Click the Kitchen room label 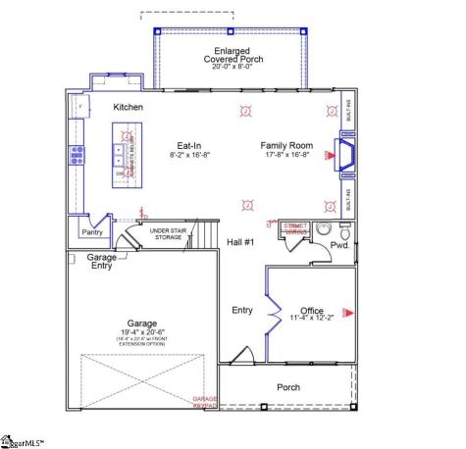[129, 107]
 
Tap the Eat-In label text [191, 144]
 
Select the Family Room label [286, 144]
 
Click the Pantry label [94, 232]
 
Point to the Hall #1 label [241, 241]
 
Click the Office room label [312, 310]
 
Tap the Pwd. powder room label [340, 244]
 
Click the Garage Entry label [101, 261]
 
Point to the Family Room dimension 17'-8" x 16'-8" [286, 154]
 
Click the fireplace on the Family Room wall [345, 153]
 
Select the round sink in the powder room [343, 227]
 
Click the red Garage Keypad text [204, 401]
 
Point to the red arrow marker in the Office [357, 313]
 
